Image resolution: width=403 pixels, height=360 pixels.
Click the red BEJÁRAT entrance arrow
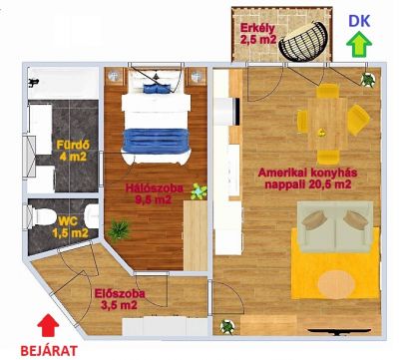[x=48, y=325]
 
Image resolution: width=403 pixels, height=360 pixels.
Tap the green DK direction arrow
[x=359, y=44]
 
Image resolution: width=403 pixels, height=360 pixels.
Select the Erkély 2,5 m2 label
[x=258, y=33]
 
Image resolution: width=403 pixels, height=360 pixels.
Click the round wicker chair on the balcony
[x=303, y=41]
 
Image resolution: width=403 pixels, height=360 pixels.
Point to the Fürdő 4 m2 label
[x=73, y=151]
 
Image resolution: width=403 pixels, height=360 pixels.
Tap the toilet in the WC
[x=41, y=216]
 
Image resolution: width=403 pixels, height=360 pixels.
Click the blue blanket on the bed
[x=156, y=141]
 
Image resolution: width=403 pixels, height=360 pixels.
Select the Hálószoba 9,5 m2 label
[x=154, y=193]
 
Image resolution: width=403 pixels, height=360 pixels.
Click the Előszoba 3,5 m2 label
[x=120, y=299]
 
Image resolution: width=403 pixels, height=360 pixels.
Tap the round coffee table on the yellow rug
[x=336, y=285]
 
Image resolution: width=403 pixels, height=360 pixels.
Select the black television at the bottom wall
[x=339, y=331]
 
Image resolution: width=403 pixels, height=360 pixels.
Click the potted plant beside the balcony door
[x=368, y=80]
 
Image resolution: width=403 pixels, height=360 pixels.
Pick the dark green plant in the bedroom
[x=119, y=229]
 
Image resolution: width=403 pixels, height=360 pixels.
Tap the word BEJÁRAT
[x=49, y=351]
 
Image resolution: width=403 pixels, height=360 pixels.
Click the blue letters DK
[x=359, y=21]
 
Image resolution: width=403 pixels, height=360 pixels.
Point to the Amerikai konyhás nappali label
[x=307, y=179]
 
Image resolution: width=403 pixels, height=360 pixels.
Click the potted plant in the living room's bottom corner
[x=227, y=327]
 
